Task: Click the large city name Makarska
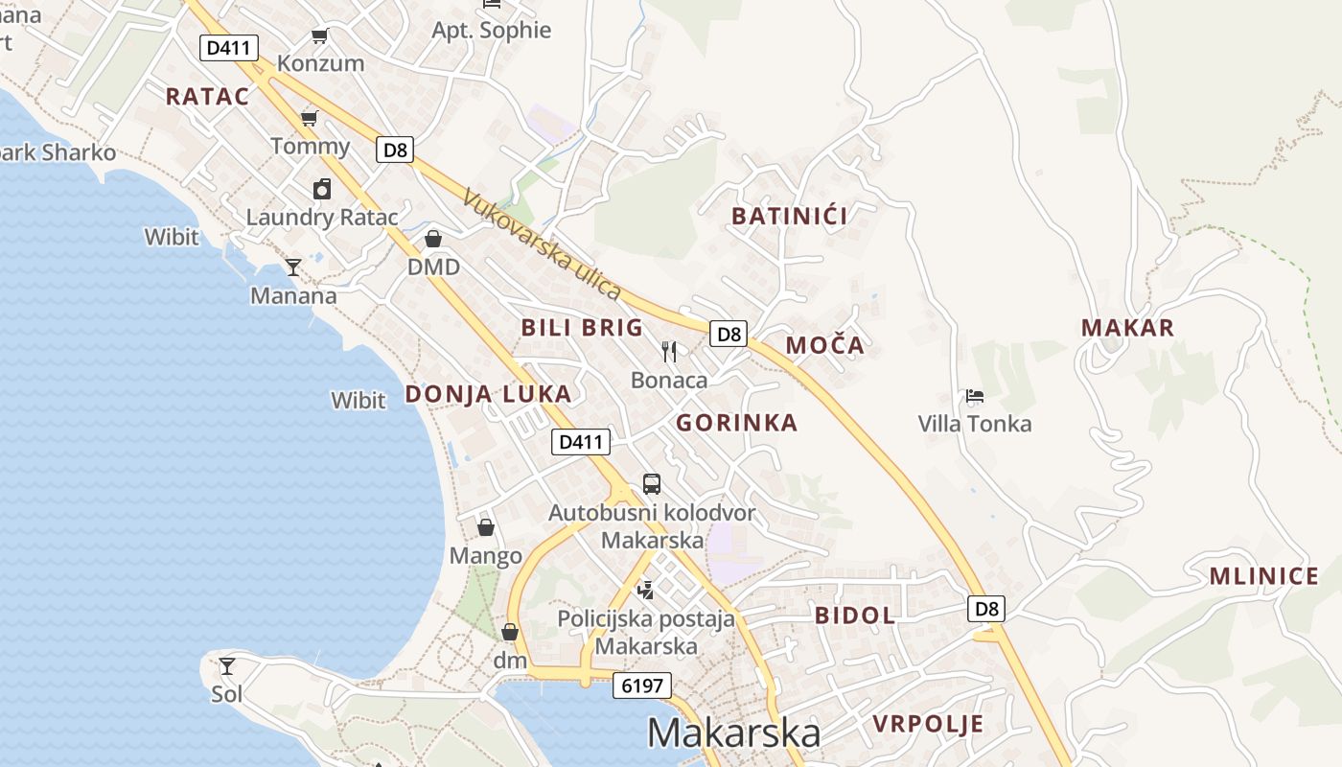733,733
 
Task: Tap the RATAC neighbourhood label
207,96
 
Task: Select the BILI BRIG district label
582,328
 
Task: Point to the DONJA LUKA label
488,394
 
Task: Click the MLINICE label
1263,576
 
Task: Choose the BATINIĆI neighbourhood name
789,216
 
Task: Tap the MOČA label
824,345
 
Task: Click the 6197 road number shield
641,686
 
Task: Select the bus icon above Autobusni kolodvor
652,483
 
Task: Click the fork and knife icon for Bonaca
669,352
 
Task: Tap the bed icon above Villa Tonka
975,395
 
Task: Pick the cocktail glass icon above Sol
227,665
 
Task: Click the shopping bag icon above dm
510,632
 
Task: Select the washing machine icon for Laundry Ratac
322,189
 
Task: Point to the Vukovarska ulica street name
542,244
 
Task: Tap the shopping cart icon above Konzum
320,36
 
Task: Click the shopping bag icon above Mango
486,527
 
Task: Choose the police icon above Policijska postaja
646,590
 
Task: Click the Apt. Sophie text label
492,30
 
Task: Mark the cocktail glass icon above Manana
293,267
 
